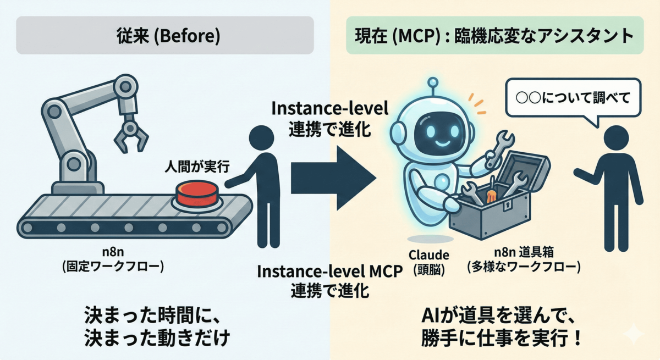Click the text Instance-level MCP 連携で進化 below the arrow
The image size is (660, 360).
coord(330,281)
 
